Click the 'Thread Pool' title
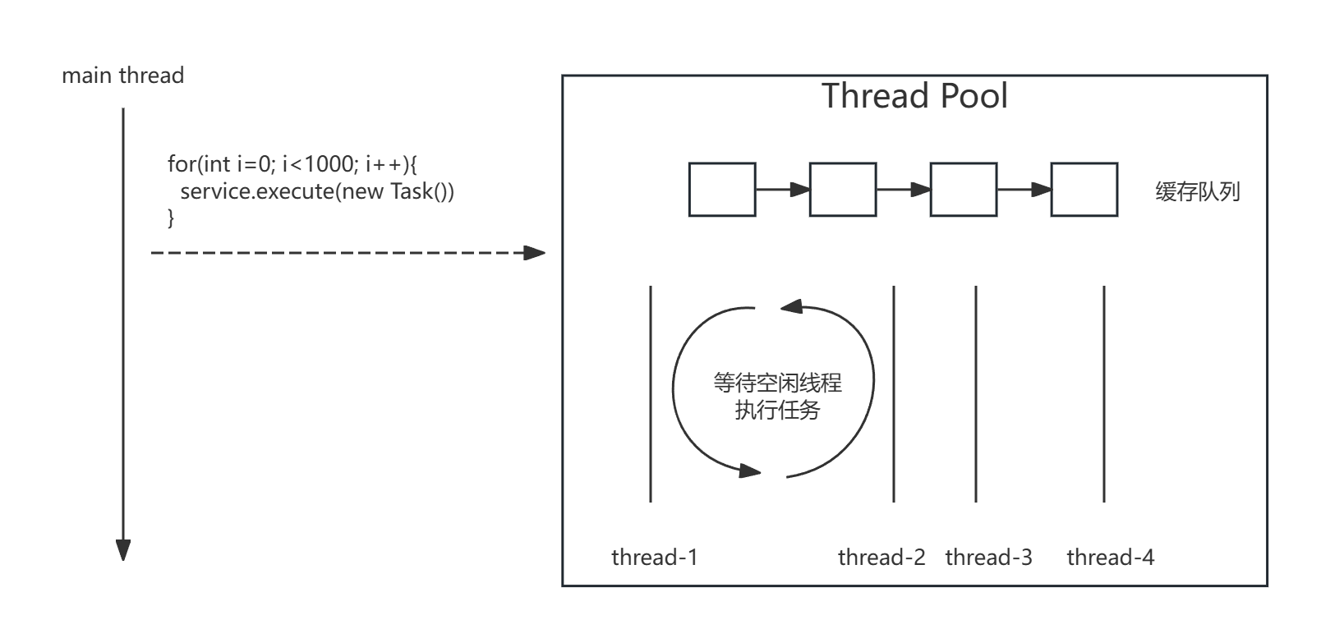914,96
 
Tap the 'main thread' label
122,76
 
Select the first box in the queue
722,190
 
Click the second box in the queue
843,190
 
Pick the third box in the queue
964,190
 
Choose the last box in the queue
1084,190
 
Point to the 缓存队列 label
1198,192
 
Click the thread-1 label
655,558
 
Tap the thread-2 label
881,558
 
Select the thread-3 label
988,558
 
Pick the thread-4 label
1110,558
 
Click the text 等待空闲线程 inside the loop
777,383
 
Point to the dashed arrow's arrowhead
536,253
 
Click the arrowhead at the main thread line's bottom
123,550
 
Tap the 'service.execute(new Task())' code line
317,191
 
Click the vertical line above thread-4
1104,394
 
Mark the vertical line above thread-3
976,394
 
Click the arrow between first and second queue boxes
783,190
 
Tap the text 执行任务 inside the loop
777,410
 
